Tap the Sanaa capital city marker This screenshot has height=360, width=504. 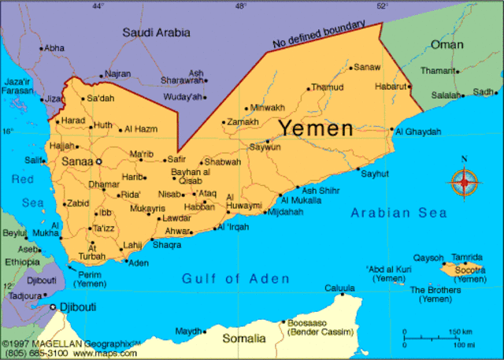[99, 161]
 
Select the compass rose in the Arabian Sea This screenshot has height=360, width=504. [464, 183]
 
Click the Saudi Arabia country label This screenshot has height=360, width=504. [157, 32]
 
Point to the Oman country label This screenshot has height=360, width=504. [447, 44]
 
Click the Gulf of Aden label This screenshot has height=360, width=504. [235, 278]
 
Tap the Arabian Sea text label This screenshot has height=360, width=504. [398, 213]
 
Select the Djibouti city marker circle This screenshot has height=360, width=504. [53, 306]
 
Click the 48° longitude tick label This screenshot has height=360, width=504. [240, 6]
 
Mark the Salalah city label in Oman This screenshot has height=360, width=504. [446, 95]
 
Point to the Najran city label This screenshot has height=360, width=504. [117, 74]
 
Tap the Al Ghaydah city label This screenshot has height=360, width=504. [417, 131]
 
